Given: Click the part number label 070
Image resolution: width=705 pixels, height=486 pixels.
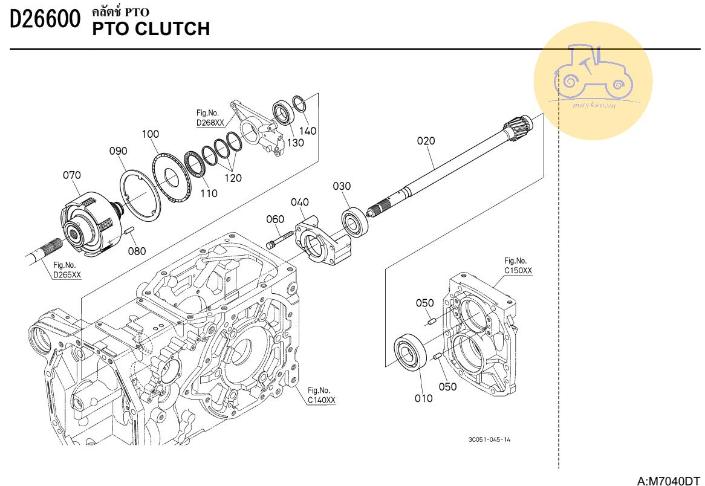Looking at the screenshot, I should (71, 176).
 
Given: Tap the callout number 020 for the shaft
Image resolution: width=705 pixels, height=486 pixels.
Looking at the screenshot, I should (426, 141).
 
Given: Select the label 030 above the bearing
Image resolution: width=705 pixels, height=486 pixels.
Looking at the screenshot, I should (342, 186).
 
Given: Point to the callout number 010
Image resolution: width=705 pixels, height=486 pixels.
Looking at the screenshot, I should (424, 398).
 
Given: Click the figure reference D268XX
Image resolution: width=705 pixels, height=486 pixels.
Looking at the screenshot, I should (210, 123).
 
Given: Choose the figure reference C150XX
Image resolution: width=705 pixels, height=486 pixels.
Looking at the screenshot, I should (518, 270).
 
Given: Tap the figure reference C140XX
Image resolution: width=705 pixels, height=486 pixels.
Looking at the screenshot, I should (321, 400).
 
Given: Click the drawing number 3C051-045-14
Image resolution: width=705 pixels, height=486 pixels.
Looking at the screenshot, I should (489, 439).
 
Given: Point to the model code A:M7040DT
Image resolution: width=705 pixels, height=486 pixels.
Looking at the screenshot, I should (669, 481).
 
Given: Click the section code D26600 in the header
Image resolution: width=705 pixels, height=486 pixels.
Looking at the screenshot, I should (45, 20).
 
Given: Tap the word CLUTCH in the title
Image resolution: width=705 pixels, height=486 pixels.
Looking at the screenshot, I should (172, 28).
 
